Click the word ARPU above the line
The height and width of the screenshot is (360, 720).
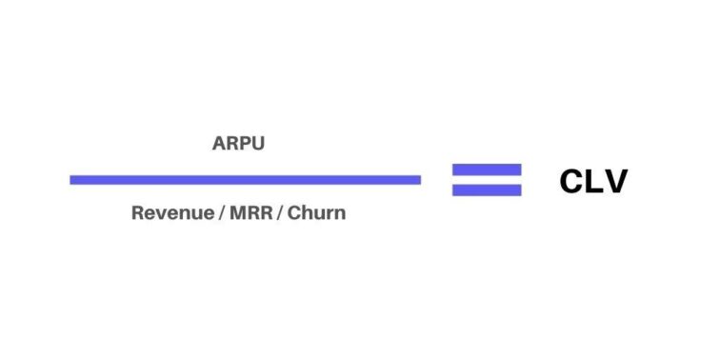[x=238, y=146]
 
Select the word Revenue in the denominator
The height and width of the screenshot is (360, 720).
[x=171, y=212]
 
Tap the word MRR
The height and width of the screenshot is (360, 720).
[x=253, y=212]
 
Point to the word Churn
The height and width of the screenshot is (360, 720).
[x=317, y=212]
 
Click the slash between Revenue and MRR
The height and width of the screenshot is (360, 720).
[x=221, y=212]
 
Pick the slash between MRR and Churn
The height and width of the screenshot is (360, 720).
[x=280, y=212]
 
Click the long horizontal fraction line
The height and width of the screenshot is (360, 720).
[x=245, y=179]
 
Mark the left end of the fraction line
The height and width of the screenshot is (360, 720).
[x=72, y=179]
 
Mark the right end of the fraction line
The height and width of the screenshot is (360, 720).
[x=418, y=179]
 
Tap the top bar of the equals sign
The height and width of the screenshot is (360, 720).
[x=487, y=170]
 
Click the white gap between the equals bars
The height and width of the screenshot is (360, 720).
[x=487, y=179]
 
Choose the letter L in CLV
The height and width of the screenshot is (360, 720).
[x=595, y=181]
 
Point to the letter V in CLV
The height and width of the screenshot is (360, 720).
[x=615, y=181]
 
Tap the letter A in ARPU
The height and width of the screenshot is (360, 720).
[x=219, y=146]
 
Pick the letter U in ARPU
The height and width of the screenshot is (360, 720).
[x=257, y=146]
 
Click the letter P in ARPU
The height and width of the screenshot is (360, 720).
[x=245, y=146]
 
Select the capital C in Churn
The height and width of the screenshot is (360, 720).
[x=294, y=212]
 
